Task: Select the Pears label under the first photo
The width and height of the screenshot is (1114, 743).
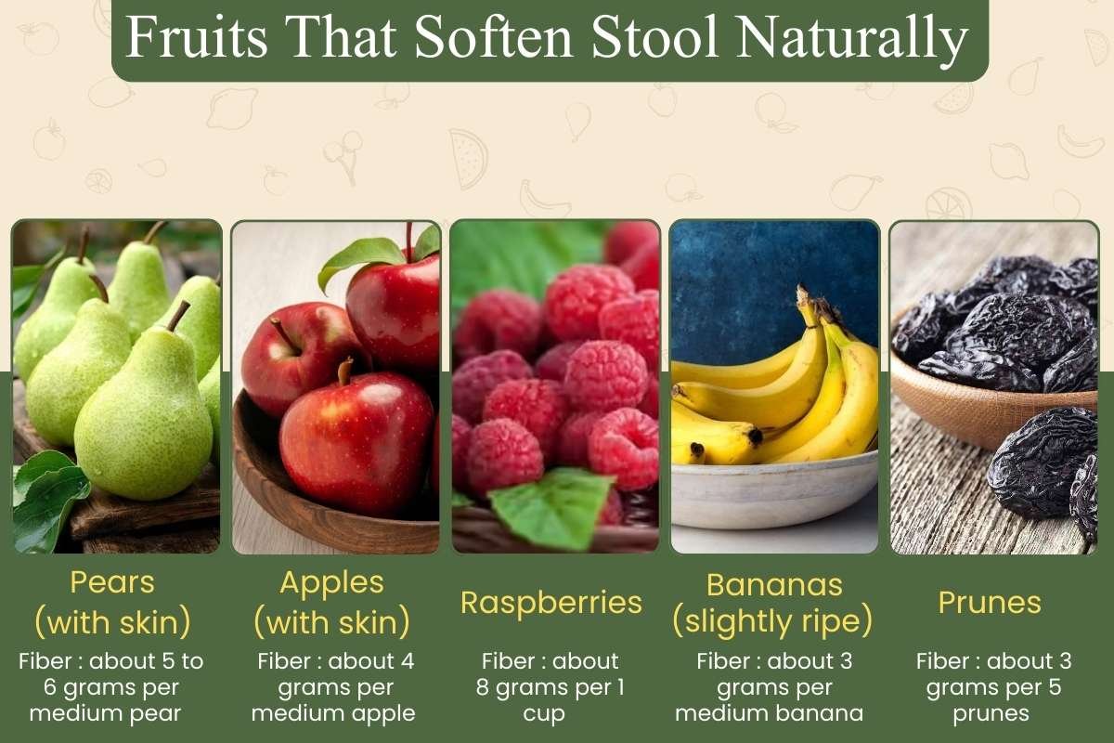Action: [112, 583]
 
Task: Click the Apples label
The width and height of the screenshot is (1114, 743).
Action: [331, 583]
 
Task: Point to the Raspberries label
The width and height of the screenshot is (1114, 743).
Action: [551, 603]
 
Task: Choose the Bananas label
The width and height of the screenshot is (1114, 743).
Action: [773, 585]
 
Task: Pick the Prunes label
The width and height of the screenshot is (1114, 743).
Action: [990, 603]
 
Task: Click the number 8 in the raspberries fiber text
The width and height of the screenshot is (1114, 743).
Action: [489, 689]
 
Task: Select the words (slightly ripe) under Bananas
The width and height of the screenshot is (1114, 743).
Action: [773, 621]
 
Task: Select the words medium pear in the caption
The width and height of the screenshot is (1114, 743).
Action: [112, 713]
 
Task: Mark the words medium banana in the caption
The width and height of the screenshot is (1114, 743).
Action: [770, 713]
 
